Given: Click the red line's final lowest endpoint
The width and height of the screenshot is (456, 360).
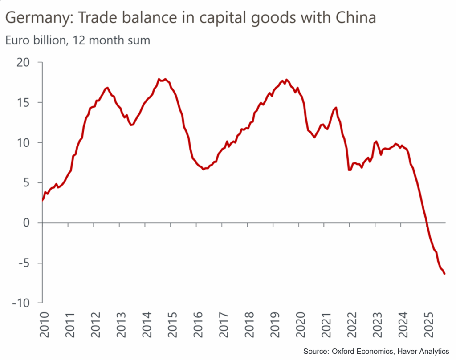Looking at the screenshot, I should coord(444,274).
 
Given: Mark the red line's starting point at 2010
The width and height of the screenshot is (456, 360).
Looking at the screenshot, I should coord(42,200).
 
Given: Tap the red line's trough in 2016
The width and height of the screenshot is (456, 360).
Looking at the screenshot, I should coord(203,169).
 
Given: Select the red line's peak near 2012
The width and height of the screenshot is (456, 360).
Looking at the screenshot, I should coord(107,88).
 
